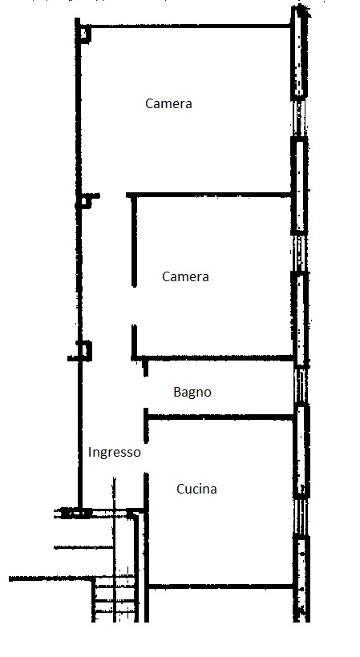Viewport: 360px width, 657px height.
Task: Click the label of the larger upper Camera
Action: click(x=168, y=103)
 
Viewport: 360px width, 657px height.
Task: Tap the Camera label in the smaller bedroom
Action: click(x=185, y=276)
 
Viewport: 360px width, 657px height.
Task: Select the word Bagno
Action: click(x=192, y=392)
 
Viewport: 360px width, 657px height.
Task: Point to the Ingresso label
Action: click(x=115, y=453)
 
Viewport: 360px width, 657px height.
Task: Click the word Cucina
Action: click(x=196, y=489)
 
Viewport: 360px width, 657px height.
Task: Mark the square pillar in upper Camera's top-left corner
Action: click(x=85, y=34)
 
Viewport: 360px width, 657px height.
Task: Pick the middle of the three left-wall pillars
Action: click(x=87, y=201)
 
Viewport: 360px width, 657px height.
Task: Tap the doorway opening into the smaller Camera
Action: click(x=134, y=306)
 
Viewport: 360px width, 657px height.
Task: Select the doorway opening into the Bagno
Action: click(x=145, y=393)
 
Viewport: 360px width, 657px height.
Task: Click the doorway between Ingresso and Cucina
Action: click(x=146, y=458)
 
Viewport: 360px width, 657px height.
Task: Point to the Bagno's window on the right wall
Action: click(x=300, y=386)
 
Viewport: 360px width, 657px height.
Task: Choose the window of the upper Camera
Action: click(x=299, y=118)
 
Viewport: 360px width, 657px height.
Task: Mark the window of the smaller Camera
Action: click(x=299, y=253)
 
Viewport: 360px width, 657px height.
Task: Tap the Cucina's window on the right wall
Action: click(x=301, y=517)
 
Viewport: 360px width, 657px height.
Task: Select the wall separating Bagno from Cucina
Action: click(x=220, y=417)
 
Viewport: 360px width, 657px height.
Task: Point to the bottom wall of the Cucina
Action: click(x=220, y=586)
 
